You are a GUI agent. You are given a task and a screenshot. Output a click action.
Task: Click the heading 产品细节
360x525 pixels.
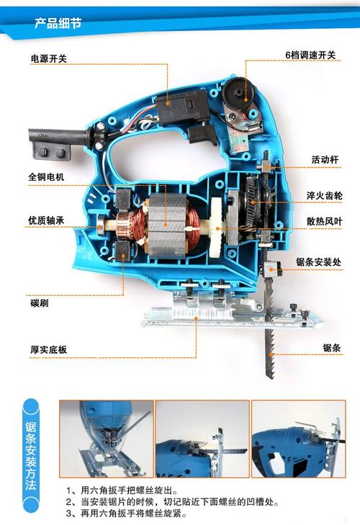coord(58,24)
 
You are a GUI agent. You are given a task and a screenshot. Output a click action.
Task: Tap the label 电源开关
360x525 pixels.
coord(48,58)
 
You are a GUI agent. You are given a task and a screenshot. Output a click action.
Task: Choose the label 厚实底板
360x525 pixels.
coord(48,349)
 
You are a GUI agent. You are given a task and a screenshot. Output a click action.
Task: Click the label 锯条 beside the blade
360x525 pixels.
coord(331,348)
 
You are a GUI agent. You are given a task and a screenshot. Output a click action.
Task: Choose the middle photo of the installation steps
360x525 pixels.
coord(202,439)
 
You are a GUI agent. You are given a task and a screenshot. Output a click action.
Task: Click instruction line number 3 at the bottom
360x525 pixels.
coord(126,514)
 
